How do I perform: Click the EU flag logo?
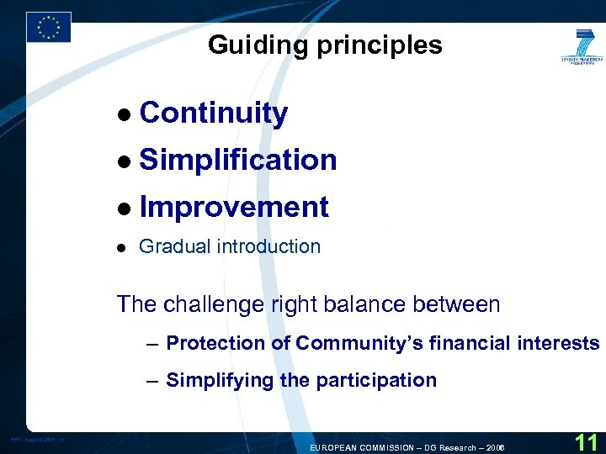pos(48,27)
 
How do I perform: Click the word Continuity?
pos(214,113)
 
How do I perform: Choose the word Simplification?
pos(238,160)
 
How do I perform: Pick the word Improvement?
pos(234,207)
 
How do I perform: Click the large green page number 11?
pos(587,441)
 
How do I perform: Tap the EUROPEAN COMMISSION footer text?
pos(407,447)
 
